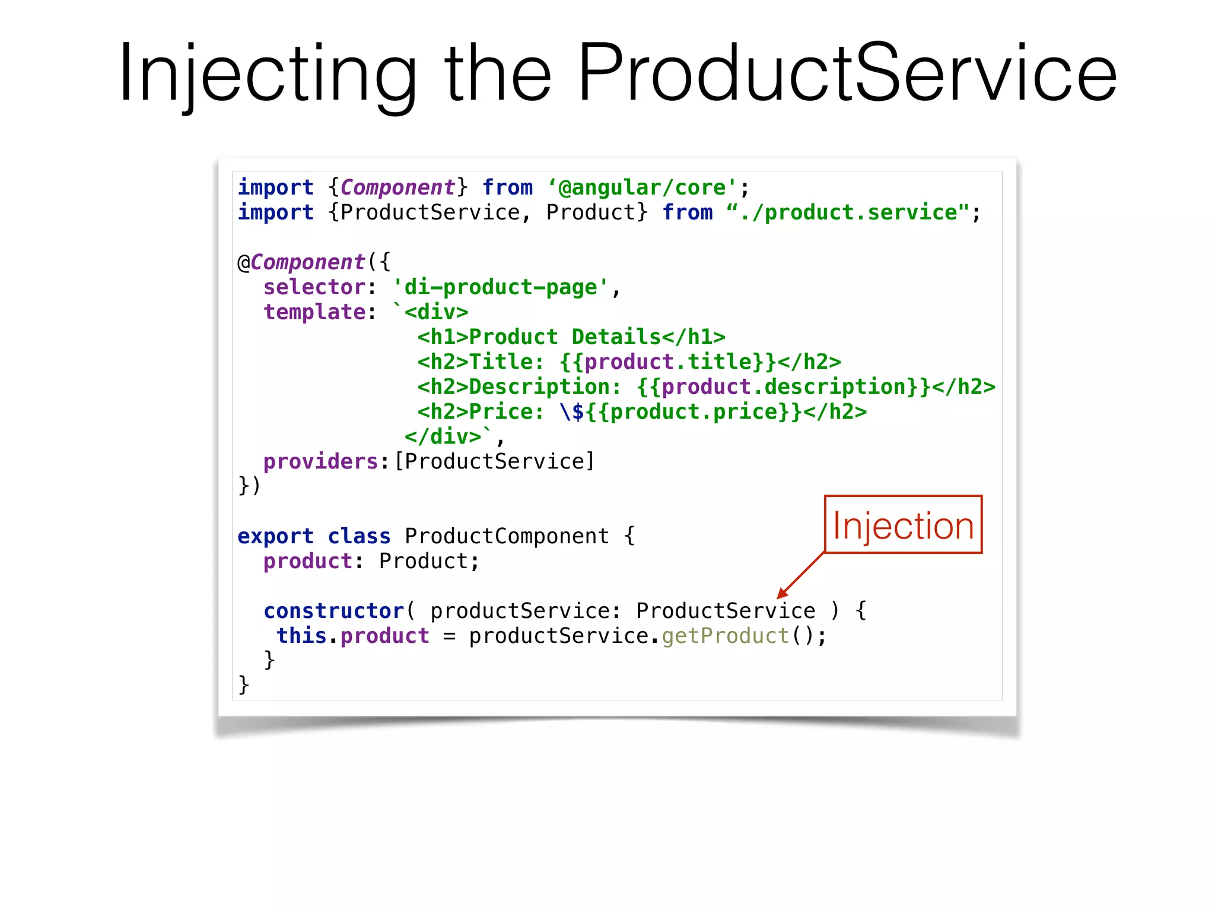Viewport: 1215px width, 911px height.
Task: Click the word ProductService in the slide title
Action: click(847, 74)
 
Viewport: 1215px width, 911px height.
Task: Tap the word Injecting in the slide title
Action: click(267, 74)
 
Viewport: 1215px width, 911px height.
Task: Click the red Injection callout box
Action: click(903, 525)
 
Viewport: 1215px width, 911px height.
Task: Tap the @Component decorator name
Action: click(307, 262)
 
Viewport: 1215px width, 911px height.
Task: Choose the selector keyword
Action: click(314, 287)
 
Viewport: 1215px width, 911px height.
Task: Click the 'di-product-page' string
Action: click(501, 287)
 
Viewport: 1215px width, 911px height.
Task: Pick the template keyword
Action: click(314, 312)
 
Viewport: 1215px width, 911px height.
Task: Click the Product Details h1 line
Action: click(571, 337)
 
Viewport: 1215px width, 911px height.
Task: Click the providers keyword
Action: click(320, 461)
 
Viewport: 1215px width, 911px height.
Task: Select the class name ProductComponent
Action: click(507, 536)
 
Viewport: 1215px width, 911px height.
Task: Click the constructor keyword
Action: click(333, 611)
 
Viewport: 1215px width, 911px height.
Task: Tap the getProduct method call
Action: click(726, 636)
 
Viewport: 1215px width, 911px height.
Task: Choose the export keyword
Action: click(275, 536)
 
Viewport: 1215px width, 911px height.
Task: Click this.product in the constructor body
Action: click(353, 636)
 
